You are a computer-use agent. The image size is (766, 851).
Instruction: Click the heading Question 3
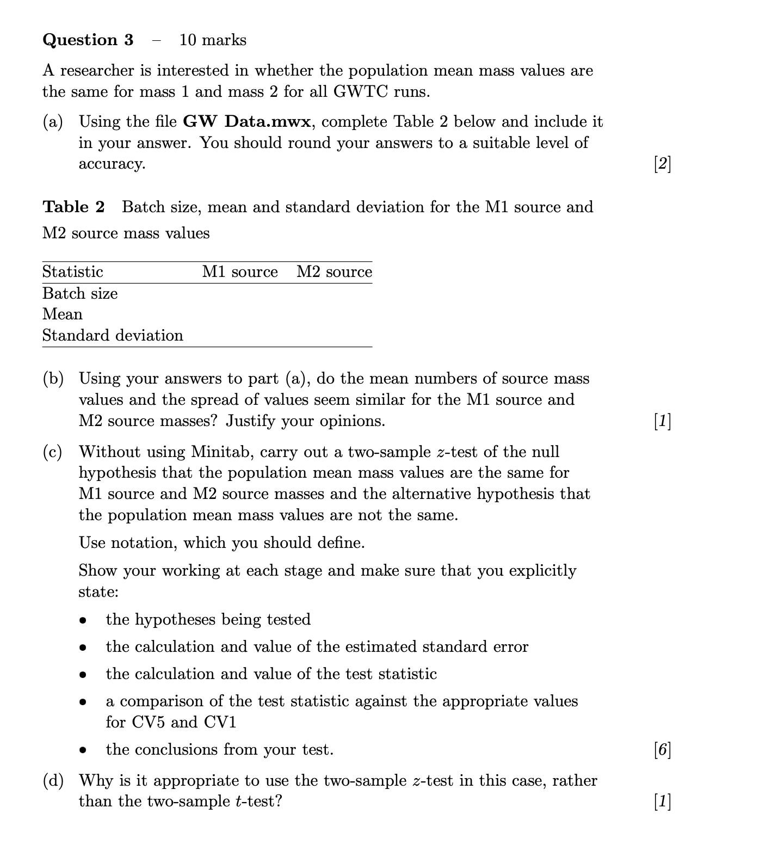88,40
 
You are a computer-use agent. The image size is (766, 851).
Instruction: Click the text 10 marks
212,40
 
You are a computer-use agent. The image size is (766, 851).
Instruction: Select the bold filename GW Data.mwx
247,121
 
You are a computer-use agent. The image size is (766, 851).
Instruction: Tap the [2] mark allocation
662,163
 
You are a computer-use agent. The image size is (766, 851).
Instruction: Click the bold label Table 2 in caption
73,207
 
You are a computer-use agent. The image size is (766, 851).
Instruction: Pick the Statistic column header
72,272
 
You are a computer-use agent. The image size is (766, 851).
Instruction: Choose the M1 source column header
240,272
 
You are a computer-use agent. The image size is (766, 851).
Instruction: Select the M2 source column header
334,272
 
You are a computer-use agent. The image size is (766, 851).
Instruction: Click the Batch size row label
80,293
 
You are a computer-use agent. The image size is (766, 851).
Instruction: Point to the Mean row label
63,314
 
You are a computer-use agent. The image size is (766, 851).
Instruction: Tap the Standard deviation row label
113,335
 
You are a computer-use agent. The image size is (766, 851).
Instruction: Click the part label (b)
53,378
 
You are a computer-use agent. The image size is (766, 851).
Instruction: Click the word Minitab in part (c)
223,452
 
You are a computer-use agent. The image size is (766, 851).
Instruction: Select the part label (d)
53,780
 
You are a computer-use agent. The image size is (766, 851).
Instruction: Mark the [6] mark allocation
662,750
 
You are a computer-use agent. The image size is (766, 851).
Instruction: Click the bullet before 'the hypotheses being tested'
83,620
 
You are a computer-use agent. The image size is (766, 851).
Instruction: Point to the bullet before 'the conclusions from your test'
83,750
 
